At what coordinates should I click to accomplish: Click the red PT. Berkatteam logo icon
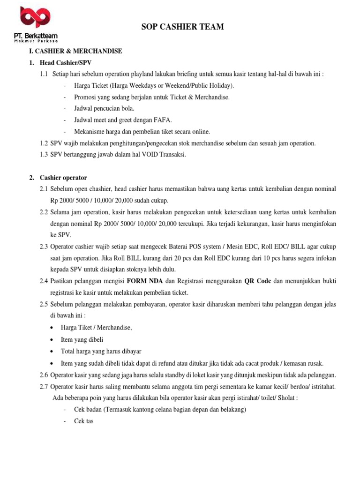(x=35, y=18)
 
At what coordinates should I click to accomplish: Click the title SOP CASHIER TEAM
(x=182, y=27)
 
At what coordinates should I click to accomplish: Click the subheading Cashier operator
(x=63, y=178)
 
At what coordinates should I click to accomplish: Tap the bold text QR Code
(x=257, y=281)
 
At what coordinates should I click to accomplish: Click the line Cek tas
(x=84, y=421)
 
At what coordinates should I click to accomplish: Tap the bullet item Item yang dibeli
(x=82, y=339)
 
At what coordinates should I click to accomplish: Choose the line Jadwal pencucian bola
(x=104, y=108)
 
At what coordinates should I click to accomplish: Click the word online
(x=201, y=131)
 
